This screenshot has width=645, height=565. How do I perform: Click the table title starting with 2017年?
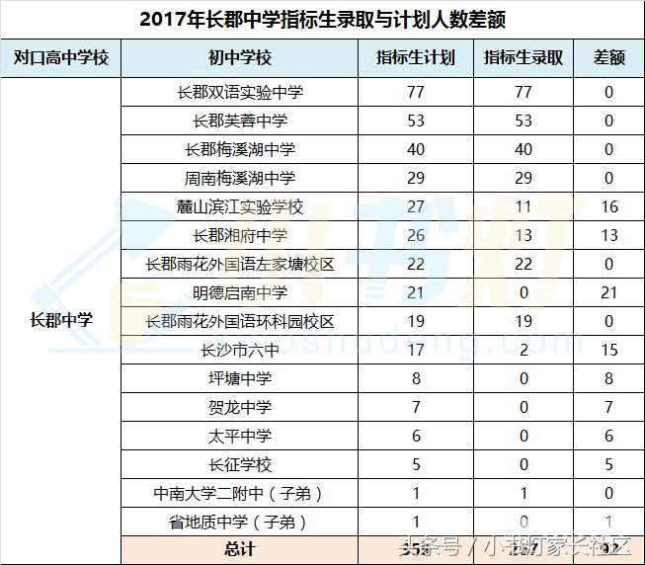(x=323, y=20)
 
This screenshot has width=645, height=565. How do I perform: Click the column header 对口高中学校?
(x=61, y=57)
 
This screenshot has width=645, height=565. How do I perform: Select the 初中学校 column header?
(x=240, y=57)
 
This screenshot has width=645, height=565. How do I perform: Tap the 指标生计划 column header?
(x=416, y=57)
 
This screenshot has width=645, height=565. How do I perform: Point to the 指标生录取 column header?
(x=523, y=57)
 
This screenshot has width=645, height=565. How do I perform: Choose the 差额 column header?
(x=608, y=57)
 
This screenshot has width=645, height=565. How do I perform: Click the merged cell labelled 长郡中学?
(x=61, y=320)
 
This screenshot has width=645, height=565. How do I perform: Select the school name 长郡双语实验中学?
(x=240, y=92)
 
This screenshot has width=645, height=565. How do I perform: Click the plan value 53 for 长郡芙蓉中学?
(x=416, y=121)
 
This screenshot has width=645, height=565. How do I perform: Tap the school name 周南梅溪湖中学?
(x=240, y=178)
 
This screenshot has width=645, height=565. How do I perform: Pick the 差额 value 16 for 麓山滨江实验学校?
(x=608, y=206)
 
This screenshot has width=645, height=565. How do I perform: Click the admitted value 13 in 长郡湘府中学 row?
(x=523, y=235)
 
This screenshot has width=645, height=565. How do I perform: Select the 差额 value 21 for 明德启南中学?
(x=608, y=292)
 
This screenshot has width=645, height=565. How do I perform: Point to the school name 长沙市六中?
(x=240, y=350)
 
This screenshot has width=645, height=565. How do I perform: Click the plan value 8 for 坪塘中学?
(x=416, y=378)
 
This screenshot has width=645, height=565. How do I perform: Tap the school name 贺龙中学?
(x=240, y=407)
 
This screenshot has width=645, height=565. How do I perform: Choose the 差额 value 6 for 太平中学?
(x=608, y=436)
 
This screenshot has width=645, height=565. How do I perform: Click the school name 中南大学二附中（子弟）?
(x=240, y=493)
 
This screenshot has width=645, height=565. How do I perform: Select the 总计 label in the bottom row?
(x=240, y=549)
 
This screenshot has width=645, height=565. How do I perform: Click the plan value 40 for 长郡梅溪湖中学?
(x=416, y=149)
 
